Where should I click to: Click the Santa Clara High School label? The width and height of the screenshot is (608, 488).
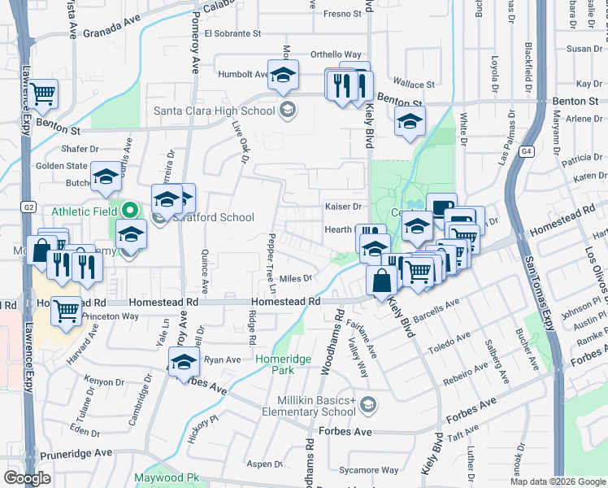pyautogui.click(x=214, y=111)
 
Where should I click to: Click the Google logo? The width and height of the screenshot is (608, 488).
pyautogui.click(x=28, y=478)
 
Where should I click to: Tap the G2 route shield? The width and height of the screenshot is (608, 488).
pyautogui.click(x=28, y=207)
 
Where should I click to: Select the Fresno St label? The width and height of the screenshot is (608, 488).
pyautogui.click(x=341, y=14)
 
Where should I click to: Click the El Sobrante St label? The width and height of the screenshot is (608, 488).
pyautogui.click(x=232, y=34)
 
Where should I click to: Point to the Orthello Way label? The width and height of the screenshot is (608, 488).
pyautogui.click(x=336, y=55)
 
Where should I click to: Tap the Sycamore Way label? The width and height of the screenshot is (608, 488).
pyautogui.click(x=368, y=470)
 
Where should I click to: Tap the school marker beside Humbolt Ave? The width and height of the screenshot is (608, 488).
pyautogui.click(x=284, y=76)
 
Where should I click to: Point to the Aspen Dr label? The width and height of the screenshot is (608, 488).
pyautogui.click(x=264, y=464)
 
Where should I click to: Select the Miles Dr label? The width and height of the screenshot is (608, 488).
pyautogui.click(x=297, y=278)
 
